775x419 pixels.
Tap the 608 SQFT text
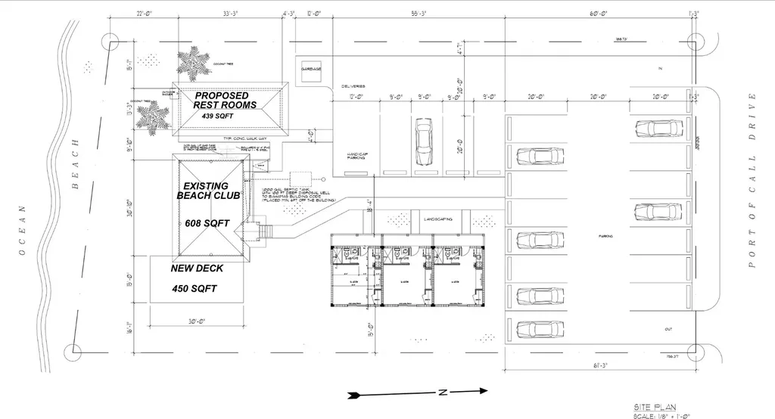pyautogui.click(x=207, y=224)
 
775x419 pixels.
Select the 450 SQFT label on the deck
pyautogui.click(x=194, y=289)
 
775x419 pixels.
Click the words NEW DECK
pyautogui.click(x=197, y=268)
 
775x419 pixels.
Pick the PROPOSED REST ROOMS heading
pyautogui.click(x=226, y=101)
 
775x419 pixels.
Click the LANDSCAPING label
pyautogui.click(x=438, y=219)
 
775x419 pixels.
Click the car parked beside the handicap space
pyautogui.click(x=424, y=141)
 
